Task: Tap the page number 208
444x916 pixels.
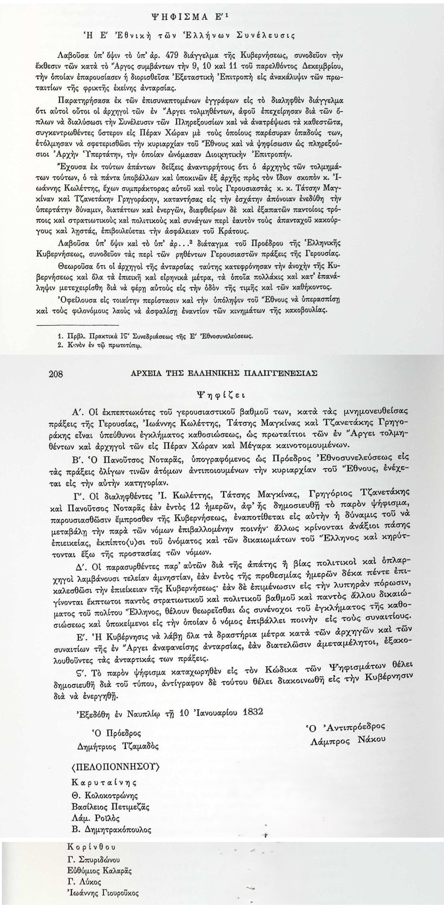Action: (57, 374)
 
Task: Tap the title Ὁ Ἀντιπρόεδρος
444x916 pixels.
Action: (344, 727)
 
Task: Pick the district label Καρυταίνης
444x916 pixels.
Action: (104, 783)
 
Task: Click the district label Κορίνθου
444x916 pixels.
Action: (92, 848)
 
